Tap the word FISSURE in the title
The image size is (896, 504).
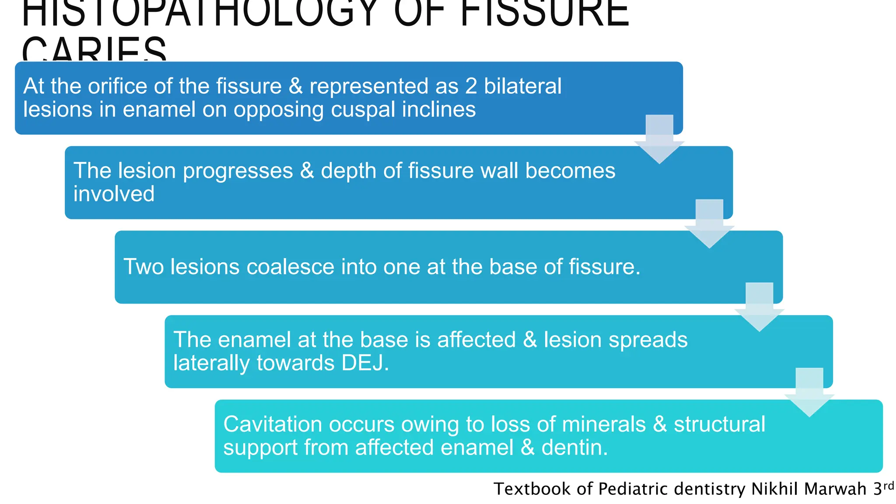[545, 13]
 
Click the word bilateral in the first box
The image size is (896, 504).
[522, 86]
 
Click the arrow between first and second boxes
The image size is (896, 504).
[659, 140]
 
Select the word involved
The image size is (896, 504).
[114, 194]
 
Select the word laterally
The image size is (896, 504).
[212, 363]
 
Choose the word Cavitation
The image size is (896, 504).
[273, 424]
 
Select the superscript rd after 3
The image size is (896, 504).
[889, 486]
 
